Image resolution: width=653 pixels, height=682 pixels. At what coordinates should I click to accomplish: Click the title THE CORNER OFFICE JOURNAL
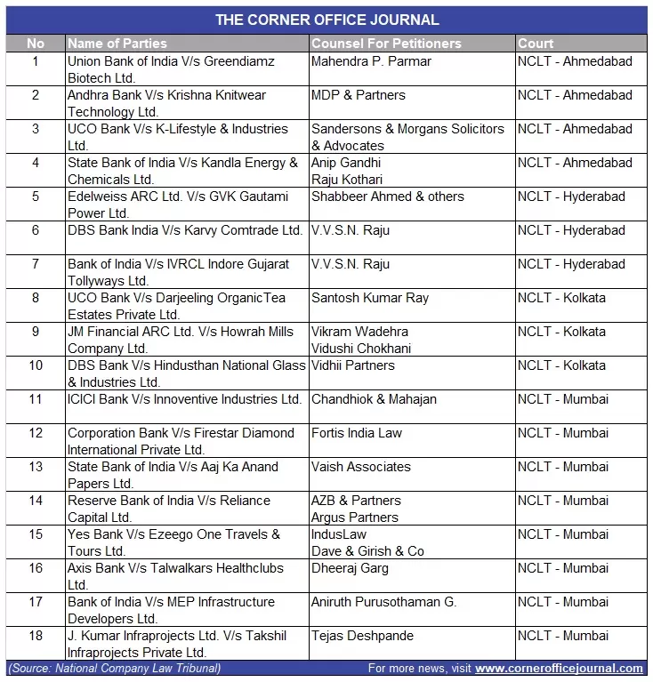(326, 20)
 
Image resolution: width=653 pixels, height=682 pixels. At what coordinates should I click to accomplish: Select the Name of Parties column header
(117, 43)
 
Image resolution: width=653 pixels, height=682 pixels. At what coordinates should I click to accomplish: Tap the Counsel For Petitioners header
(386, 43)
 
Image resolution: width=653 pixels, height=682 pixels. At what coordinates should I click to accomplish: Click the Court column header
(536, 43)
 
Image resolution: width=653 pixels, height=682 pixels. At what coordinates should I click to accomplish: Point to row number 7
(36, 264)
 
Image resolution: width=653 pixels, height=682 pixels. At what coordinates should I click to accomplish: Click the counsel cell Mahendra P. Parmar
(371, 61)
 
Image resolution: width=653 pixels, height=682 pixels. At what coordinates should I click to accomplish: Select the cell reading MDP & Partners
(358, 95)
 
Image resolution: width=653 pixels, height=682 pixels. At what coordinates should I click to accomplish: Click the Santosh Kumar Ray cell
(369, 298)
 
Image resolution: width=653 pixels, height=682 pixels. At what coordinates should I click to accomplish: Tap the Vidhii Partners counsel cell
(352, 365)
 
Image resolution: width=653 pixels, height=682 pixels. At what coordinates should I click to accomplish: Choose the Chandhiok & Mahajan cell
(374, 399)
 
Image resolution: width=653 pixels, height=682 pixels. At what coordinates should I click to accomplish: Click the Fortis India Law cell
(356, 433)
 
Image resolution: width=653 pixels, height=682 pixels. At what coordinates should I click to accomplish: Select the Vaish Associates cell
(360, 467)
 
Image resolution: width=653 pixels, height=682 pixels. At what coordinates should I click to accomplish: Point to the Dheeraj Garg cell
(350, 568)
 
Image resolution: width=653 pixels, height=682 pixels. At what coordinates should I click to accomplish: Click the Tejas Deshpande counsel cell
(362, 636)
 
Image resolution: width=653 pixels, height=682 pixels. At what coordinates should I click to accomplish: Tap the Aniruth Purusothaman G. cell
(383, 602)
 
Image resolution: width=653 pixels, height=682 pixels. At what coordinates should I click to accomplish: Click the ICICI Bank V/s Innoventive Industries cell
(184, 399)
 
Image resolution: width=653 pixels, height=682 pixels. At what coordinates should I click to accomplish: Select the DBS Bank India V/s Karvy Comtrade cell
(185, 230)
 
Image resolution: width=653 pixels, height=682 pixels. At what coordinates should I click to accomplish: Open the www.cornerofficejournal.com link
(559, 669)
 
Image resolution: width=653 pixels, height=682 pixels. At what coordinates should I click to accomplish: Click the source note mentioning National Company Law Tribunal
(114, 669)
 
